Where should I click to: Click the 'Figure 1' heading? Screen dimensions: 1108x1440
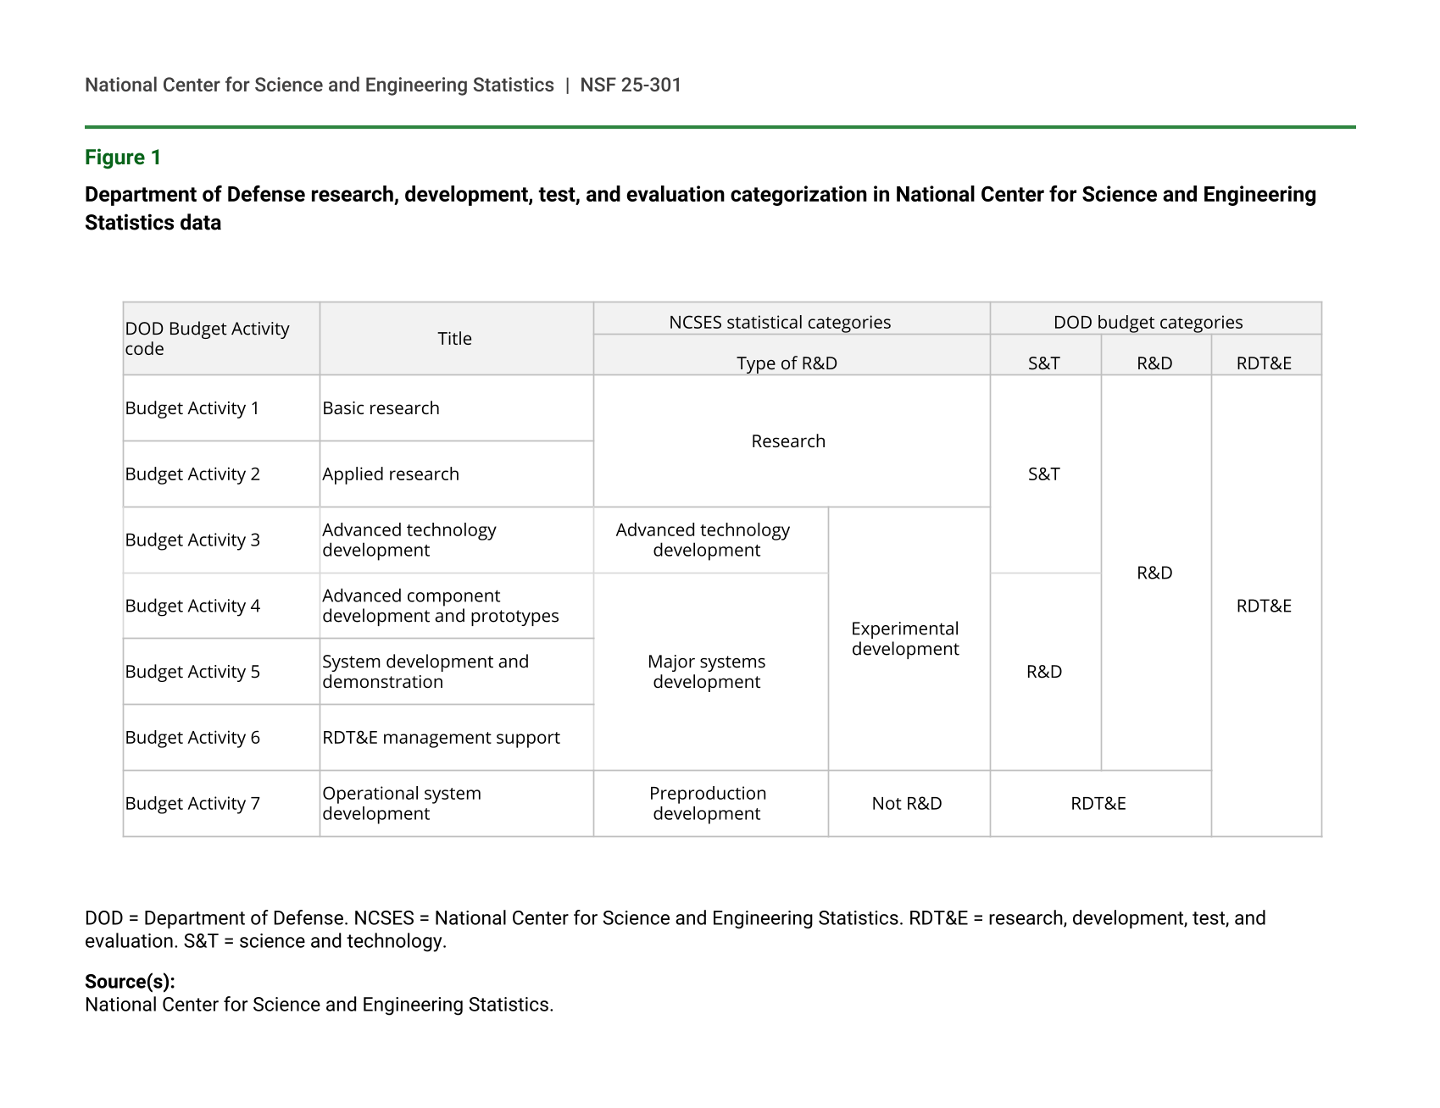pos(123,158)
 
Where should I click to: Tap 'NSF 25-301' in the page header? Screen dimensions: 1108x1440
pos(630,85)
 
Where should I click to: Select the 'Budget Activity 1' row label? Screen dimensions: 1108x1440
pos(192,408)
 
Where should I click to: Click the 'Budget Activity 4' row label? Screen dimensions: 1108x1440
pos(192,606)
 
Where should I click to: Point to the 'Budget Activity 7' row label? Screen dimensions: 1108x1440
pos(192,803)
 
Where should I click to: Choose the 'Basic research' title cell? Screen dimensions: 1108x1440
pos(381,408)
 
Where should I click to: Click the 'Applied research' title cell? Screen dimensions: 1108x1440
pos(391,474)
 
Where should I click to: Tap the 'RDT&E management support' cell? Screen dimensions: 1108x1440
pos(441,738)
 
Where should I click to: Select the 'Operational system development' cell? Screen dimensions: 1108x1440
pos(402,803)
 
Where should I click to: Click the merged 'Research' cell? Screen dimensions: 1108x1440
pos(788,441)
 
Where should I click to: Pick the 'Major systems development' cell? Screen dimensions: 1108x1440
pos(707,672)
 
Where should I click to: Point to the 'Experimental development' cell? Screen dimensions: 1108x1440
pos(905,639)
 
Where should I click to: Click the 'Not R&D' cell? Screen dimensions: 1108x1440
pos(907,803)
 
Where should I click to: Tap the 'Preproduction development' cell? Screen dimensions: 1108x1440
pos(708,803)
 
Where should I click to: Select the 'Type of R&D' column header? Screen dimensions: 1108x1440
pos(787,363)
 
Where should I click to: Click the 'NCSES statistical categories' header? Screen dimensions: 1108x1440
pos(780,323)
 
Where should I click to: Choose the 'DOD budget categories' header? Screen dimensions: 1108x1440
pos(1148,323)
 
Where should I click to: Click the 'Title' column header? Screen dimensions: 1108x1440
pos(454,339)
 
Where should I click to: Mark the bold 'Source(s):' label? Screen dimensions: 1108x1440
pos(130,982)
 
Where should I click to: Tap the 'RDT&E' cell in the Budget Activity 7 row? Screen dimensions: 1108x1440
pos(1098,803)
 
